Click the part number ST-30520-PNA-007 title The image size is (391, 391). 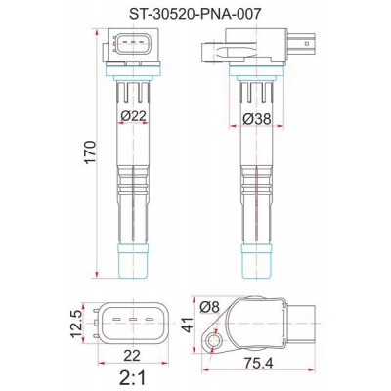point(195,13)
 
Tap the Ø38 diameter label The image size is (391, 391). point(256,124)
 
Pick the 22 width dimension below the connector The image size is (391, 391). point(134,359)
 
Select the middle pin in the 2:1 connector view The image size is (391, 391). point(134,319)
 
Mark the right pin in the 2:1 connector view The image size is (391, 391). point(149,319)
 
